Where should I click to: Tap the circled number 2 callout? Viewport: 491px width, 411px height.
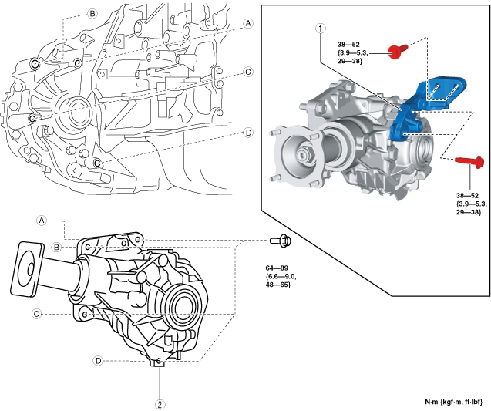pyautogui.click(x=160, y=403)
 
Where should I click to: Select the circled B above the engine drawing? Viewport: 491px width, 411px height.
pyautogui.click(x=92, y=14)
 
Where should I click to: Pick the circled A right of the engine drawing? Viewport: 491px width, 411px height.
pyautogui.click(x=248, y=23)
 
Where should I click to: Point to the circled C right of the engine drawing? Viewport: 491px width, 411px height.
pyautogui.click(x=248, y=72)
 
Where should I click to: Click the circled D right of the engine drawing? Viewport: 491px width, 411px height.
pyautogui.click(x=248, y=133)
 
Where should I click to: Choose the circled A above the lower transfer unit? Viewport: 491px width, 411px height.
pyautogui.click(x=43, y=220)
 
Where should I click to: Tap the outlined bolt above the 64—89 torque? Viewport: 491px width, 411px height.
pyautogui.click(x=283, y=241)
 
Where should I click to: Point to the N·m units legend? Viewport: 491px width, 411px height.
pyautogui.click(x=453, y=402)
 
